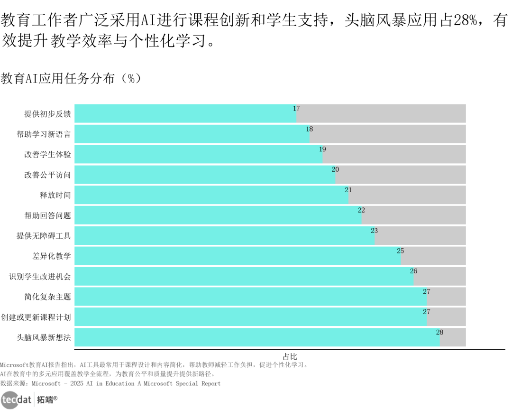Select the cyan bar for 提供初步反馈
coord(185,113)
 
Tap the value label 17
coord(296,109)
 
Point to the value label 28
coord(439,332)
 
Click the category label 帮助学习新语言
coord(44,134)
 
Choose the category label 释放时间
coord(55,195)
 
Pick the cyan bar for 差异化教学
coord(238,256)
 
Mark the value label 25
coord(401,251)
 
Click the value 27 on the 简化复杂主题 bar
coord(427,291)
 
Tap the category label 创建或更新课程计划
coord(36,317)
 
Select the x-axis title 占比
coord(290,356)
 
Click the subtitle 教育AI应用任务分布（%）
coord(71,79)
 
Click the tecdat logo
coord(16,400)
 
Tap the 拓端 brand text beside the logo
coord(47,400)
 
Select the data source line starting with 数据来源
coord(110,383)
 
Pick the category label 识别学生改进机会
coord(40,277)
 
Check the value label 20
coord(335,169)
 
